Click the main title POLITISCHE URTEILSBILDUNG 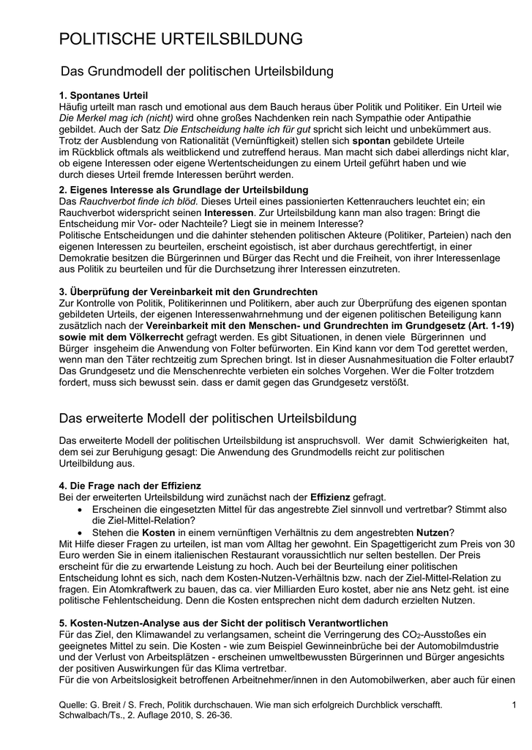click(x=180, y=39)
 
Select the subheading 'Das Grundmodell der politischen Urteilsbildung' click(x=196, y=72)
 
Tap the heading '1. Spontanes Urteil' click(x=103, y=96)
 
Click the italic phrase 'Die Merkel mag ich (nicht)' click(x=116, y=117)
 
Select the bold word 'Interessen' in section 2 click(x=228, y=212)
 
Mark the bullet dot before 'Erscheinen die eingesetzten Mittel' click(x=80, y=509)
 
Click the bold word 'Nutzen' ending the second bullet click(x=432, y=532)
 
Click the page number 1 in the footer click(x=514, y=705)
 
